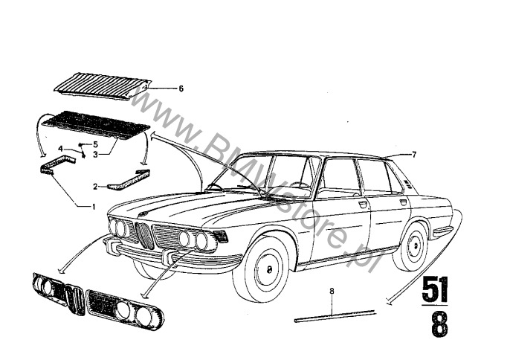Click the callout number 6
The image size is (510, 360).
(181, 89)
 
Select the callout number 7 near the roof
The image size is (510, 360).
(414, 155)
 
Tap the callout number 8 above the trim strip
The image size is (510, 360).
(332, 292)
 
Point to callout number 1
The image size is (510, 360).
(94, 207)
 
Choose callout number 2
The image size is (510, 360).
(95, 187)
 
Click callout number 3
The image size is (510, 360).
(95, 155)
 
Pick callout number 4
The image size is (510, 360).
(60, 149)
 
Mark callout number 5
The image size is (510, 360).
(95, 144)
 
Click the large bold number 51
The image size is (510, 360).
(435, 290)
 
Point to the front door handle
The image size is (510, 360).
(362, 205)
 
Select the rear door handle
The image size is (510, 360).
(403, 202)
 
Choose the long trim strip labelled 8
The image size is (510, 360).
(335, 316)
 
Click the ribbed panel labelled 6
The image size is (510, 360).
(103, 86)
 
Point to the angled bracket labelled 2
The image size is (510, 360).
(129, 180)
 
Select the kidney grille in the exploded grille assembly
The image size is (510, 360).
(76, 300)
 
